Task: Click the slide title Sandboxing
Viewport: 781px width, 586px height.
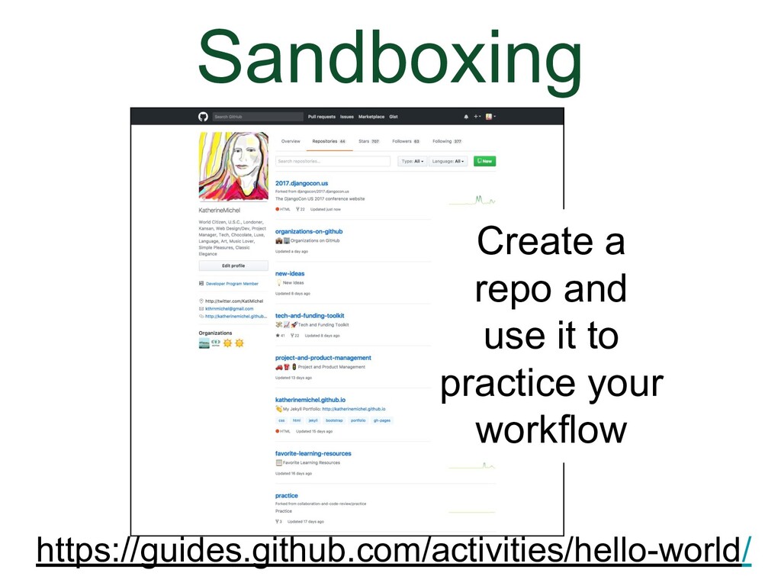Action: coord(390,60)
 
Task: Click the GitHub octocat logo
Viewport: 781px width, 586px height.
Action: coord(203,117)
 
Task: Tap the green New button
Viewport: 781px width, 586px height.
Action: coord(484,161)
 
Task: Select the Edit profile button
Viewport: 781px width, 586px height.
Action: coord(233,266)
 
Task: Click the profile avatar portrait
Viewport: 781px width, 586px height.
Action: coord(233,166)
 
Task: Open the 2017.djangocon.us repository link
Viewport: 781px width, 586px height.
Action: coord(301,184)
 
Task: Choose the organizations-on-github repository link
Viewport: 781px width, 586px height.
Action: coord(309,231)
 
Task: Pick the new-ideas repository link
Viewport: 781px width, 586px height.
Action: coord(290,273)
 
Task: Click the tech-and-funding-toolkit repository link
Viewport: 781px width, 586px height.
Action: coord(310,315)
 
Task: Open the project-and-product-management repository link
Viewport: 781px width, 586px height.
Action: coord(323,357)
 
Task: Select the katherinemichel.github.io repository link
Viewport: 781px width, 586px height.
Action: coord(310,399)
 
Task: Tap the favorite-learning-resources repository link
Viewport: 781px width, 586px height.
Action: coord(313,453)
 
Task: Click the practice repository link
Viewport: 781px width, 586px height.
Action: coord(287,495)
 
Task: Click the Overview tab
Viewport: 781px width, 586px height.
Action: coord(291,141)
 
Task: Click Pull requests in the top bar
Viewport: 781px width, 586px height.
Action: coord(321,117)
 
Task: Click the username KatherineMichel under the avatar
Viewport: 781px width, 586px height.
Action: coord(219,209)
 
